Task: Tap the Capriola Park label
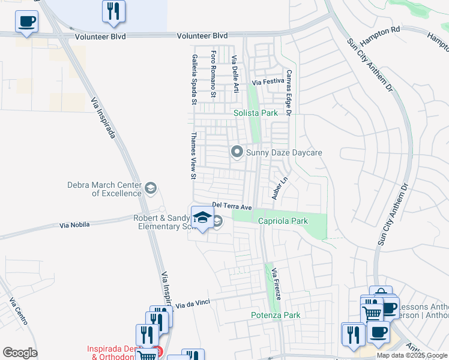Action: [x=283, y=221]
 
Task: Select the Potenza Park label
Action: [x=275, y=315]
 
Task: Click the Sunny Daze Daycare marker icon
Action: [x=237, y=152]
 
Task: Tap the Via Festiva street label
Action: [x=267, y=82]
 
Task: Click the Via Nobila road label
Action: [x=74, y=225]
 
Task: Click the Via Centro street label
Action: [x=18, y=311]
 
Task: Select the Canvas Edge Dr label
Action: [x=289, y=92]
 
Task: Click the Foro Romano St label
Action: [x=213, y=74]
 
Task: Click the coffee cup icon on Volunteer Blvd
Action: [x=26, y=23]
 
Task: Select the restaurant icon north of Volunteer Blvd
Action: [x=113, y=11]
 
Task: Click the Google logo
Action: [x=20, y=353]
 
